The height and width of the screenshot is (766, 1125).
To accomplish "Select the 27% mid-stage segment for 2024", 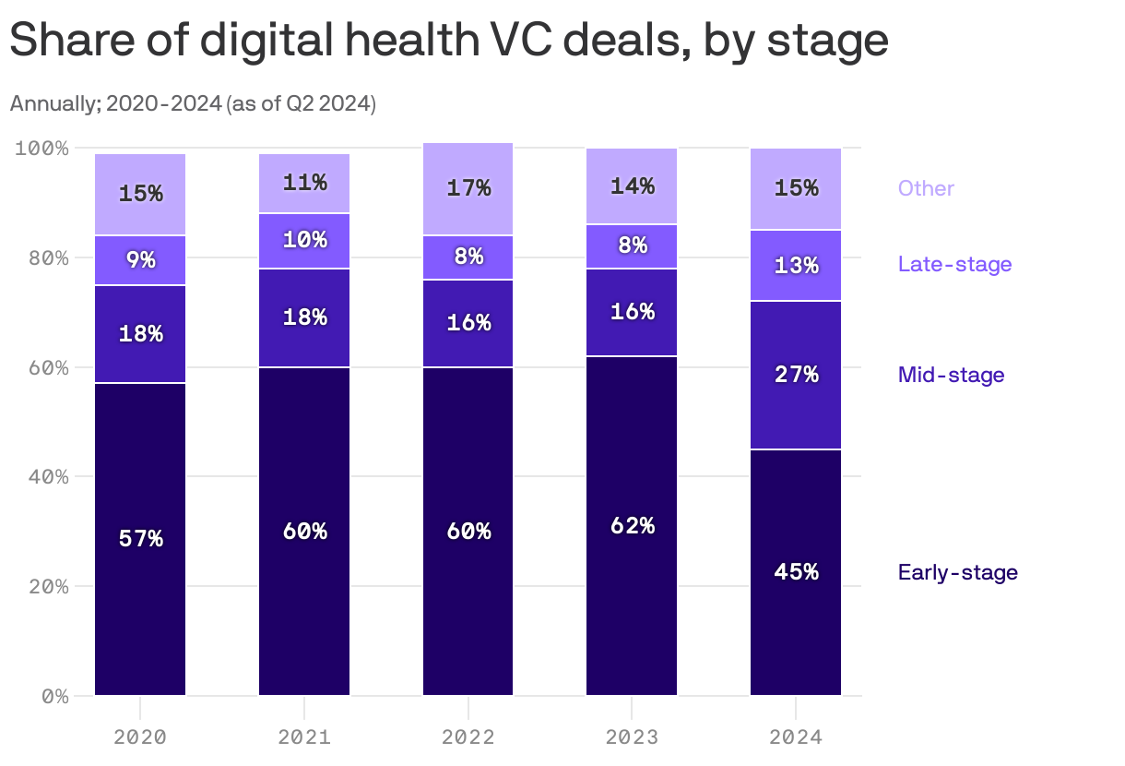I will click(x=796, y=375).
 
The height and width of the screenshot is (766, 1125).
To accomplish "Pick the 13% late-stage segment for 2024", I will click(x=796, y=266).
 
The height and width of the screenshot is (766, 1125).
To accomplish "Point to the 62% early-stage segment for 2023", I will click(x=632, y=526).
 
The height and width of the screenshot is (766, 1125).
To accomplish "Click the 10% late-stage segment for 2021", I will click(x=304, y=240).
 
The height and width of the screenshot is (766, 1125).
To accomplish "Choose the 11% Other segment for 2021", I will click(x=304, y=184).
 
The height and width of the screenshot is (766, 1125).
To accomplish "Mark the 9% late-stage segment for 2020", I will click(x=140, y=260).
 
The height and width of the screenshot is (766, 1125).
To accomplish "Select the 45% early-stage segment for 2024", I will click(x=796, y=572).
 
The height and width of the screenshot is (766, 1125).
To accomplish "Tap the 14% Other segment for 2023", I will click(x=632, y=186).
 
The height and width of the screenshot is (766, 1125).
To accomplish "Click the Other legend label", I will click(x=926, y=188).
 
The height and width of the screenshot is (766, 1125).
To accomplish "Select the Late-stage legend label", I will click(x=954, y=265).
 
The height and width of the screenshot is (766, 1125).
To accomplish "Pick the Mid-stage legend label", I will click(x=951, y=375).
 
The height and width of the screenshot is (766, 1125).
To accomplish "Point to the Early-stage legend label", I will click(x=957, y=572).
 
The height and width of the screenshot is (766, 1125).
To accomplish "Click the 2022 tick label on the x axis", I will click(x=468, y=737).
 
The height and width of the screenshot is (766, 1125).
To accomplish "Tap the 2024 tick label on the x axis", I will click(x=796, y=737).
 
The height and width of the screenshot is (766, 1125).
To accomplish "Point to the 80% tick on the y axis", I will click(x=42, y=257).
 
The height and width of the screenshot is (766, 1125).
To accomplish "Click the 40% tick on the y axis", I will click(x=42, y=477).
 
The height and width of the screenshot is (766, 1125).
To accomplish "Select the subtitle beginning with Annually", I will click(x=193, y=103).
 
